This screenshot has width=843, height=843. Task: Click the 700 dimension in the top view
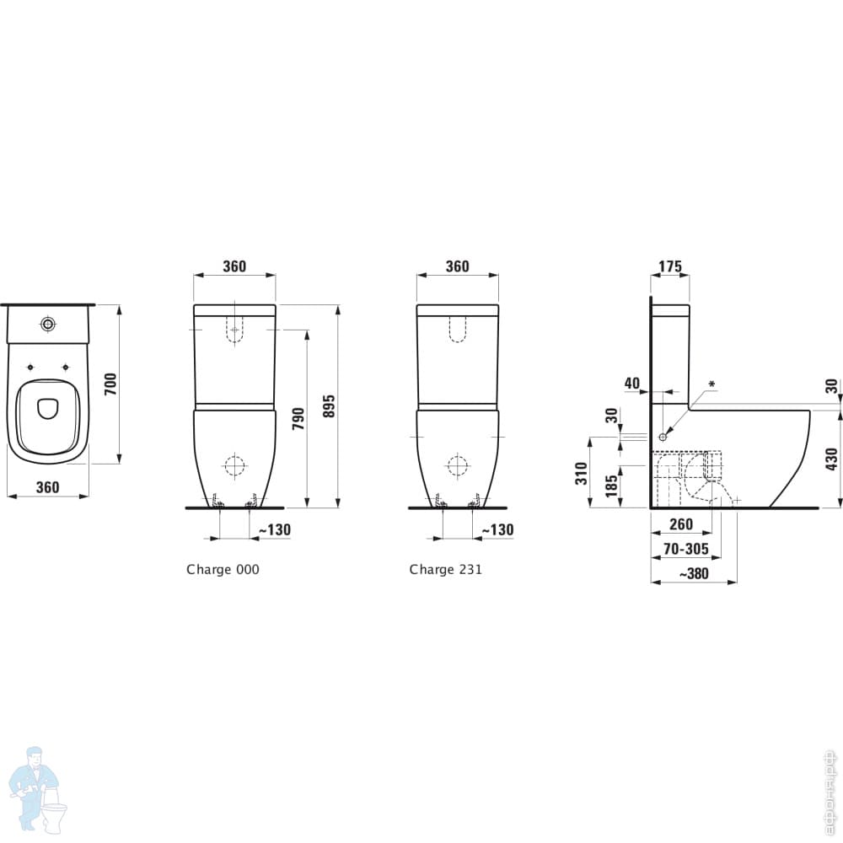tap(110, 384)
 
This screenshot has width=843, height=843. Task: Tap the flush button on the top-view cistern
tap(48, 324)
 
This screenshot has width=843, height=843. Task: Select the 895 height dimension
tap(330, 406)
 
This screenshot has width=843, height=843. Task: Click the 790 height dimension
tap(299, 418)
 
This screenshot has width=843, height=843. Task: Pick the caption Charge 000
tap(223, 569)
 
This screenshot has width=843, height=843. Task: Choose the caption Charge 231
tap(446, 569)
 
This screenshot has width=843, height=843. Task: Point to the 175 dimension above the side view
tap(670, 266)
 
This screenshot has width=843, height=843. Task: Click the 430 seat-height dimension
tap(832, 459)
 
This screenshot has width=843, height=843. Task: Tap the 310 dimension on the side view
tap(582, 473)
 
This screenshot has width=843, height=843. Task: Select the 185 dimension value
tap(611, 486)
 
